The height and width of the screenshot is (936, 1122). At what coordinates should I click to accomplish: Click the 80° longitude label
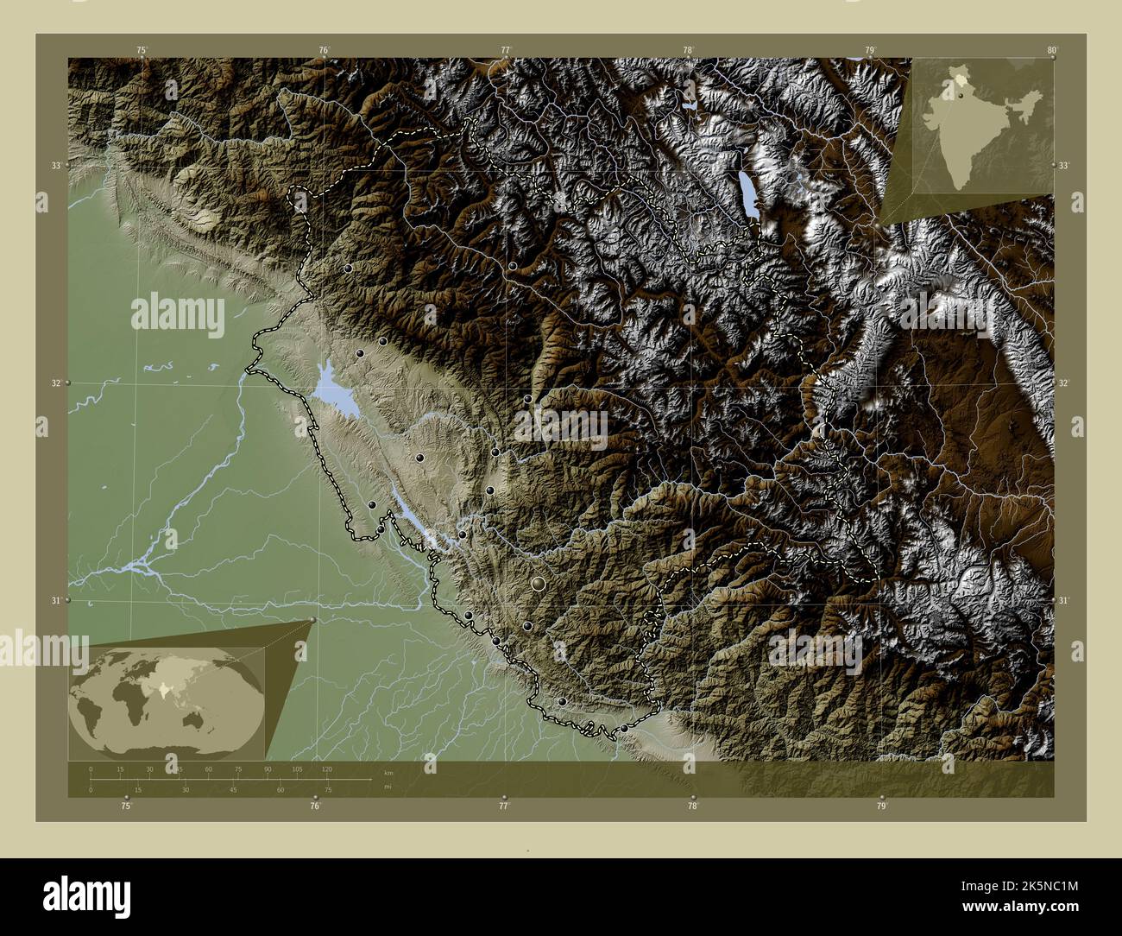(1051, 50)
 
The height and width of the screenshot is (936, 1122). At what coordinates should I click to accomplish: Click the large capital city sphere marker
(539, 585)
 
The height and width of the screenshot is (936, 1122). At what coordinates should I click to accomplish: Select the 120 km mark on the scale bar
(326, 768)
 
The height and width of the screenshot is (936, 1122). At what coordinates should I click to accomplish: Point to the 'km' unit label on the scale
(388, 773)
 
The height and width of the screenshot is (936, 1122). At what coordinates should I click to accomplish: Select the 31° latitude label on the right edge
(1064, 599)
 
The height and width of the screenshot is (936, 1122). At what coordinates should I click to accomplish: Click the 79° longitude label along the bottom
(880, 806)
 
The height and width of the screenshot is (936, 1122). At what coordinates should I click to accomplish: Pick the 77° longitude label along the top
(506, 50)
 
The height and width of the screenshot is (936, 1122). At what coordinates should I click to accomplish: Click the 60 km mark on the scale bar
(208, 768)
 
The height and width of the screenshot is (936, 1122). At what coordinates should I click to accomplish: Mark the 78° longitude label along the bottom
(692, 806)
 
